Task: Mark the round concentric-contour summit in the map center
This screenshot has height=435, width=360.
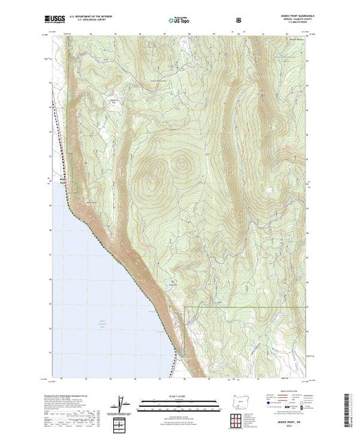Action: click(x=182, y=165)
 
